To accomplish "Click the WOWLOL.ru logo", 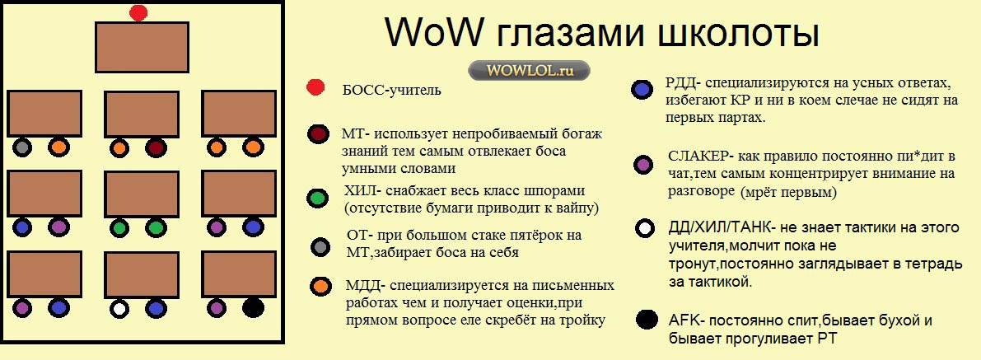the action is tap(529, 70).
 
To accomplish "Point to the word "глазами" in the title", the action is tap(569, 33).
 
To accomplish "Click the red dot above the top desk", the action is tap(138, 12).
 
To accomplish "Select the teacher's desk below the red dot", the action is tap(142, 48).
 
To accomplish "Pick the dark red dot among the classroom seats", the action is tap(156, 147).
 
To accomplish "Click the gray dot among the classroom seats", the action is tap(22, 147).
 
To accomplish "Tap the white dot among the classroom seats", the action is tap(119, 308).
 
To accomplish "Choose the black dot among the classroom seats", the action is tap(253, 307).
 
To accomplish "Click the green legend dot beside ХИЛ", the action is tap(318, 198).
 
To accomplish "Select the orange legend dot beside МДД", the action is tap(320, 286).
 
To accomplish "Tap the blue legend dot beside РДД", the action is tap(642, 90).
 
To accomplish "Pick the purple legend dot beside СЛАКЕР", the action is tap(642, 165).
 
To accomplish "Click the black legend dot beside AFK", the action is tap(646, 320).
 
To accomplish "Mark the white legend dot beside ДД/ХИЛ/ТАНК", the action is tap(644, 228).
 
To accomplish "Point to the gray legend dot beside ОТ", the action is tap(320, 246).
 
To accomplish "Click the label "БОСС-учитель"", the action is tap(391, 90).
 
